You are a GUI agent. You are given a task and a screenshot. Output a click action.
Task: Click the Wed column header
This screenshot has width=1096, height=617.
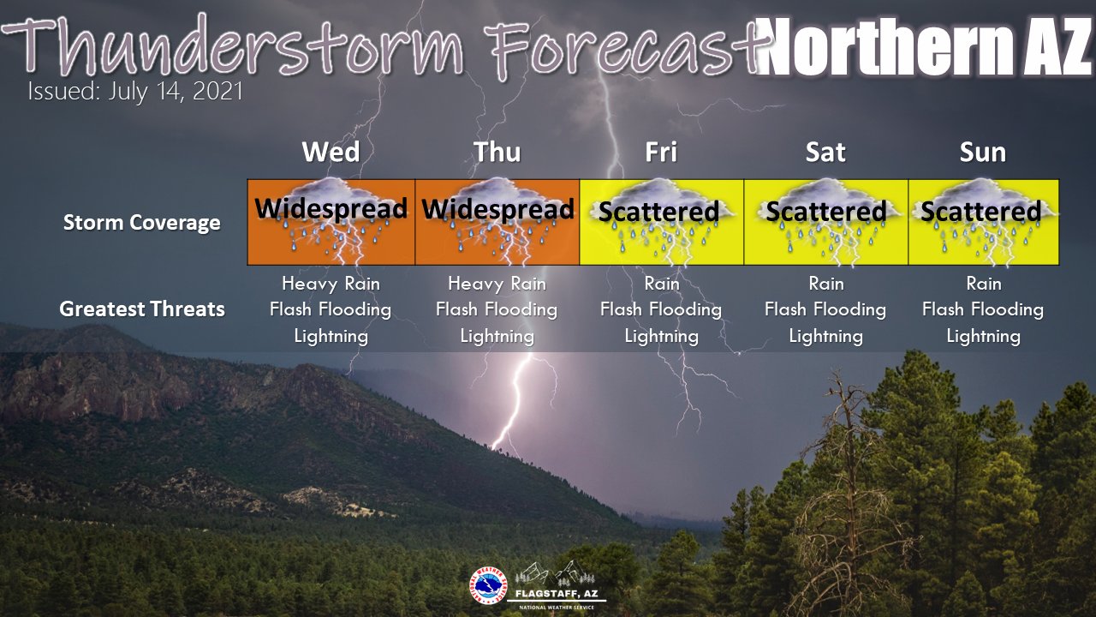(x=331, y=153)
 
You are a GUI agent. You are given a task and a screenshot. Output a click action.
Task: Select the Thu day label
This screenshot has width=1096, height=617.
(x=497, y=153)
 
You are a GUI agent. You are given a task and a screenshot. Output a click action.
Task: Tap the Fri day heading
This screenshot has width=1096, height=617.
(x=661, y=153)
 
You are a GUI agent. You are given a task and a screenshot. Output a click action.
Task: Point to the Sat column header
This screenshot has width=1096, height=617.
(x=825, y=153)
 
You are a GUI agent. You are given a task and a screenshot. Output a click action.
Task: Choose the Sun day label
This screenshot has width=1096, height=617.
(x=983, y=153)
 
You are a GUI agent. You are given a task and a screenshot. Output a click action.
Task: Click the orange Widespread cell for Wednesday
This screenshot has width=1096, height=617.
(x=331, y=222)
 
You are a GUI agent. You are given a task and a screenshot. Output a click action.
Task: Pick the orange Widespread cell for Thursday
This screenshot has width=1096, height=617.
(x=497, y=222)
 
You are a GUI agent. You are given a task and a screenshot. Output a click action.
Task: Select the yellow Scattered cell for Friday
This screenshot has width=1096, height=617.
(x=662, y=222)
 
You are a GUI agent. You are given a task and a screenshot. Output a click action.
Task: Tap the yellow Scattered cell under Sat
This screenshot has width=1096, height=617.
(x=826, y=222)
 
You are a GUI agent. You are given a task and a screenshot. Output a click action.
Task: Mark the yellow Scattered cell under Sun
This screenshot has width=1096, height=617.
(x=984, y=222)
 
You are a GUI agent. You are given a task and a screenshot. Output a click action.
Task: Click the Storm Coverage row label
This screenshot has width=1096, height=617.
(x=142, y=223)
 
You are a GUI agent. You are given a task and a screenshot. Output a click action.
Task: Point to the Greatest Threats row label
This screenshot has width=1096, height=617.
(x=142, y=309)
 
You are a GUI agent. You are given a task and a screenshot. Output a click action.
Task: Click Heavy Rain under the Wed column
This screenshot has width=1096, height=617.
(x=331, y=283)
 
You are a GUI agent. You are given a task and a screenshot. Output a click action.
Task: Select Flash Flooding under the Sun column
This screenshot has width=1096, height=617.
(x=983, y=309)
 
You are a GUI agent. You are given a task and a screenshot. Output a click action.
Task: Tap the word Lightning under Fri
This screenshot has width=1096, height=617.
(x=661, y=336)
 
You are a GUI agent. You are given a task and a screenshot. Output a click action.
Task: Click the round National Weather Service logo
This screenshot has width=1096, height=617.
(x=488, y=587)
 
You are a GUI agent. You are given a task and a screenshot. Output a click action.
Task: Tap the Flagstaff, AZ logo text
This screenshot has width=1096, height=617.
(x=561, y=594)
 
